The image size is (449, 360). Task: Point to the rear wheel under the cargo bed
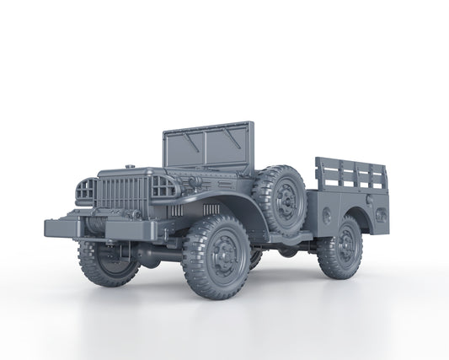341,248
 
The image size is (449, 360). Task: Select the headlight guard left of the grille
85,192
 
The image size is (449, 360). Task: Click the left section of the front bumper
63,226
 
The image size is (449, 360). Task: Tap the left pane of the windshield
184,150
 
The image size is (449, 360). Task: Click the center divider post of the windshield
206,148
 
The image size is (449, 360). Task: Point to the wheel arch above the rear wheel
354,211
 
